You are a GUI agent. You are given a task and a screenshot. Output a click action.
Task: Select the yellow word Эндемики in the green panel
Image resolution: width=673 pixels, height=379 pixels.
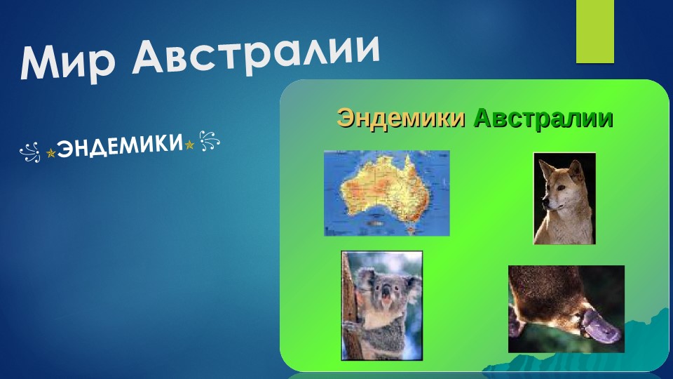click(x=401, y=118)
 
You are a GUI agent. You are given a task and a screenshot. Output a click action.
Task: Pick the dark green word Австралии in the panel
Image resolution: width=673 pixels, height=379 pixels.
click(x=543, y=118)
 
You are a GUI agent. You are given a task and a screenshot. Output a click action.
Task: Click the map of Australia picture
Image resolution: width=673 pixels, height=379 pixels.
click(x=386, y=193)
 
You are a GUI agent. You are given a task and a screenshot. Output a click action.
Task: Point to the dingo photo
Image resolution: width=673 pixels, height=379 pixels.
click(x=564, y=198)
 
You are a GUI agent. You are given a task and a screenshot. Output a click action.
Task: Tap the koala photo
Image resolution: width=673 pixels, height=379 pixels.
click(x=382, y=305)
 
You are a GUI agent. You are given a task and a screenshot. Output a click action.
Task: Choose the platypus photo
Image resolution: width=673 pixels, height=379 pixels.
click(x=566, y=309)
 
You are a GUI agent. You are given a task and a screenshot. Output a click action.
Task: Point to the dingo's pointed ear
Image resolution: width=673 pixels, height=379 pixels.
click(x=575, y=168)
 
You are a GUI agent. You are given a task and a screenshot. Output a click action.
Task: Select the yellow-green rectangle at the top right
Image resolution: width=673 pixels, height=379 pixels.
click(x=594, y=32)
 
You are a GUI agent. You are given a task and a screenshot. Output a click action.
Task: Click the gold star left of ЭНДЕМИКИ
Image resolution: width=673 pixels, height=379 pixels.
click(x=50, y=151)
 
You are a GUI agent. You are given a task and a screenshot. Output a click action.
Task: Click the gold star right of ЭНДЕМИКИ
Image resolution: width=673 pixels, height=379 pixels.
click(x=189, y=145)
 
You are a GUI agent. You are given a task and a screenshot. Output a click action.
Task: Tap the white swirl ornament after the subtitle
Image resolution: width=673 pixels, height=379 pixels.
click(x=209, y=141)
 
